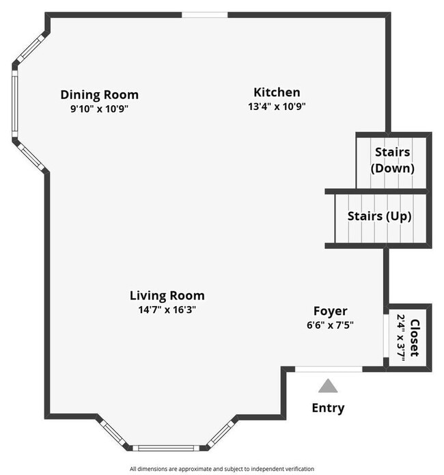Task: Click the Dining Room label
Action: tap(99, 95)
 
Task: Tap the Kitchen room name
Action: tap(277, 92)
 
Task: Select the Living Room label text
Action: tap(167, 296)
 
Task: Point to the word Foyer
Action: tap(331, 311)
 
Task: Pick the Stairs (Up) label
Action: tap(379, 216)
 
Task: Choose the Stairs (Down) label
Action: tap(392, 160)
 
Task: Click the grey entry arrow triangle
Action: tap(329, 387)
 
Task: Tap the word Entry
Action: tap(329, 409)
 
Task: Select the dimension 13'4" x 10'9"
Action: tap(277, 107)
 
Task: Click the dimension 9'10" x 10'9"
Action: tap(99, 109)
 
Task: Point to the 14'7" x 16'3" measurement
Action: tap(167, 310)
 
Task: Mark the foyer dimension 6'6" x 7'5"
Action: tap(331, 325)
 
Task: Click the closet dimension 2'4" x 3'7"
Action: tap(400, 337)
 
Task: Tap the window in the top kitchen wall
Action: tap(205, 14)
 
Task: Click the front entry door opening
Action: tap(329, 369)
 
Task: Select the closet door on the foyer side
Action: tap(387, 336)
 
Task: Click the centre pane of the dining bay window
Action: tap(15, 103)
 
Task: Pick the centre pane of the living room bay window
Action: tap(167, 448)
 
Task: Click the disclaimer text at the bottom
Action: tap(221, 469)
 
